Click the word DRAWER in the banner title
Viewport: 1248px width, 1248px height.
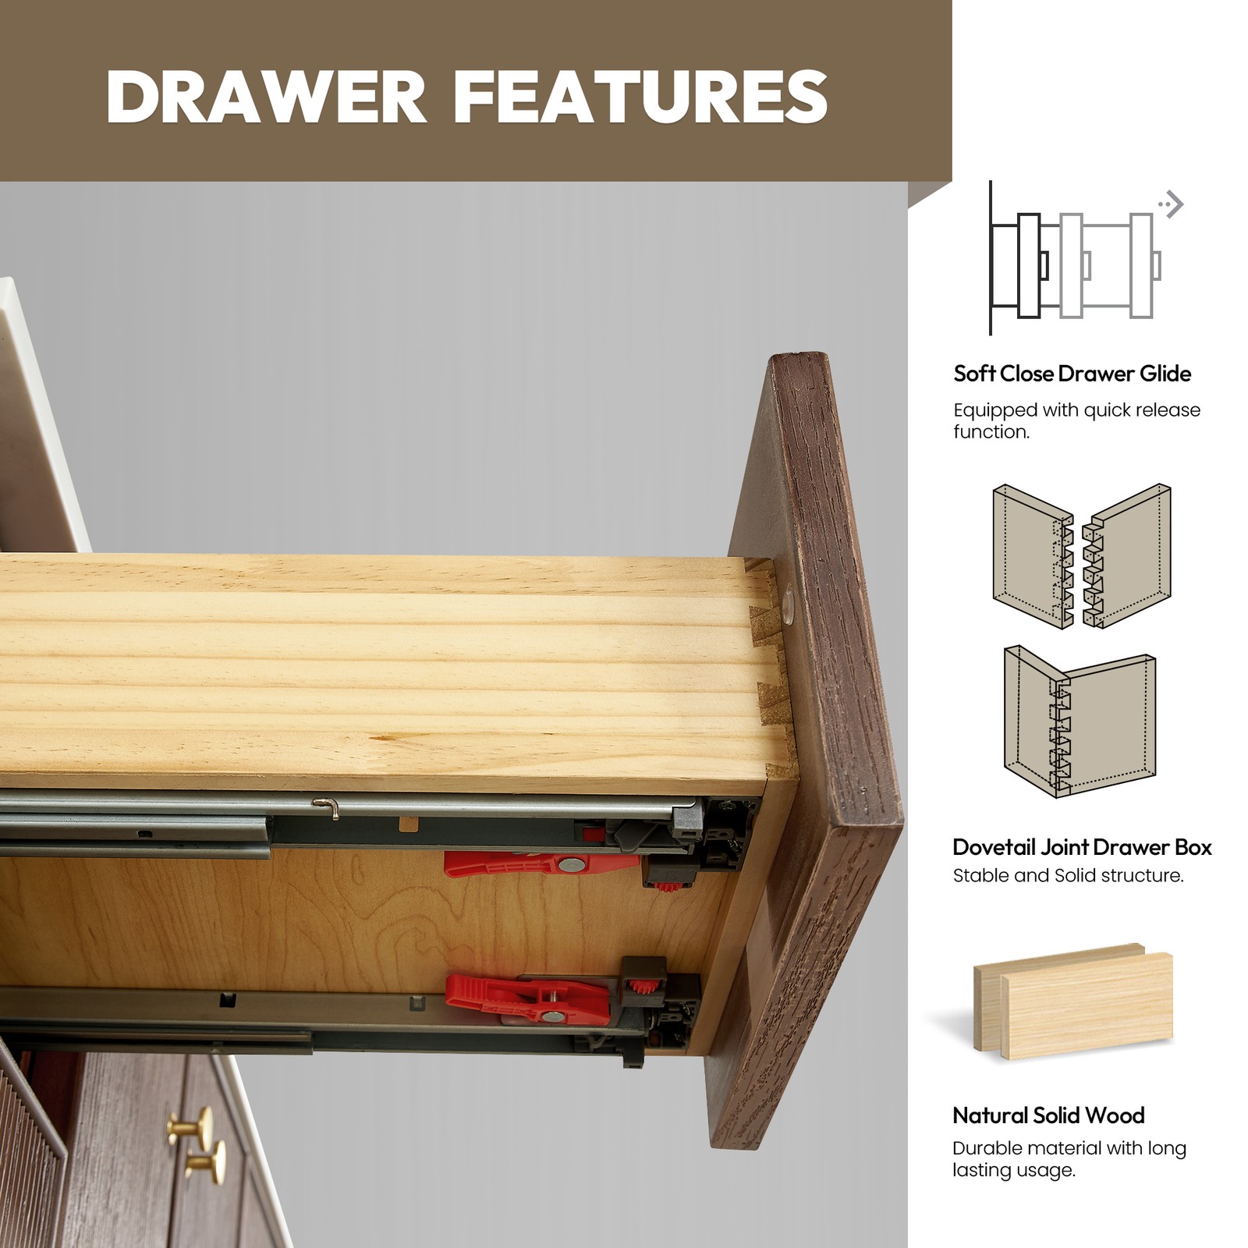(x=266, y=96)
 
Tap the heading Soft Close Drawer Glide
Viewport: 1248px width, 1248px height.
(x=1072, y=374)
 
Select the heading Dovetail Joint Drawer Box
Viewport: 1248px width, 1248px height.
(x=1083, y=847)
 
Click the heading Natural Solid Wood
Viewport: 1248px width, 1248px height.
(x=1048, y=1115)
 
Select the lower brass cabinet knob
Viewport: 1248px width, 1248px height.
(x=207, y=1161)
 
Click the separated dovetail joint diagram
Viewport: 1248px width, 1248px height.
(x=1082, y=556)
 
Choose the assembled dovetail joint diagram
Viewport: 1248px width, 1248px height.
(x=1080, y=721)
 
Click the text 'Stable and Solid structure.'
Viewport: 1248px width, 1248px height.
(x=1069, y=876)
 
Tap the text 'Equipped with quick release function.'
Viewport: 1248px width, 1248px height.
(x=1076, y=421)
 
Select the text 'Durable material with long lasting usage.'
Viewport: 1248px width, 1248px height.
(x=1069, y=1159)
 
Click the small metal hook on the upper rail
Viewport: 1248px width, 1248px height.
(x=327, y=807)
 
